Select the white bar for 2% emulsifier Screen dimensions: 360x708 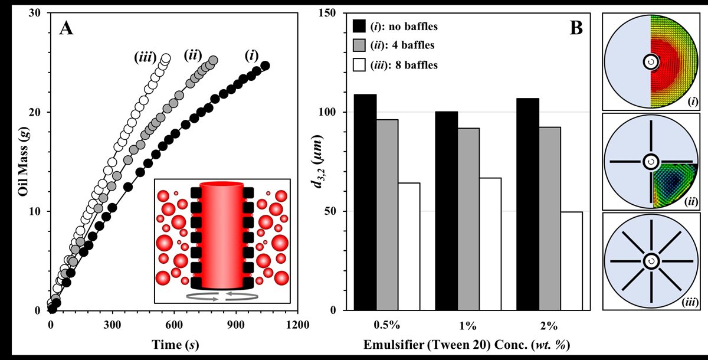point(571,260)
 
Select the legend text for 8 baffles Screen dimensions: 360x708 point(404,66)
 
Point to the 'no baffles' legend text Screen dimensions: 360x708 point(404,27)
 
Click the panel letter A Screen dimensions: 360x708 point(66,28)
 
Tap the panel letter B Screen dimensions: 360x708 point(576,28)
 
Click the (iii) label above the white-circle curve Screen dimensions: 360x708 point(144,57)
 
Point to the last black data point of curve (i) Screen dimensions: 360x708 point(265,66)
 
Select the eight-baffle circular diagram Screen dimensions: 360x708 point(651,260)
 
